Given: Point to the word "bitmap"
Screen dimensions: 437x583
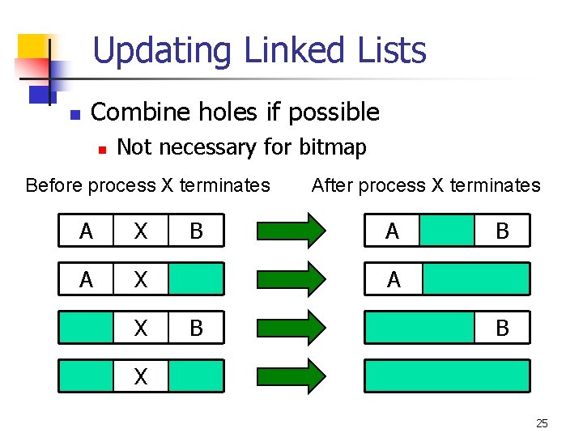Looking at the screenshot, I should point(333,147).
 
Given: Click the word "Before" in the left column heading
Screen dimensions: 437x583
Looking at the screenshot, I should point(54,185).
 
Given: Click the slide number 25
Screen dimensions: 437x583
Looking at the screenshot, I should point(542,423).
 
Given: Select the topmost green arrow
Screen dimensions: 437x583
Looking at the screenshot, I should point(290,231).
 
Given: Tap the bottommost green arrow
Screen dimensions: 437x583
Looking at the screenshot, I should point(290,375).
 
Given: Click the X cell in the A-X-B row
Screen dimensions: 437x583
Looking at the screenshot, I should point(141,231).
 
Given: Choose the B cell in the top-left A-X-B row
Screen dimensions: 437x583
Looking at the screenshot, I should point(196,231).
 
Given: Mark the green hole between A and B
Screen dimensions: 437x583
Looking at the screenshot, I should point(447,231).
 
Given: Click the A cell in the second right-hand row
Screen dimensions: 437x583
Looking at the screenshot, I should point(394,279).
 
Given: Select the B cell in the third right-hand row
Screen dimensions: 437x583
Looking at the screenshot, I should point(502,328).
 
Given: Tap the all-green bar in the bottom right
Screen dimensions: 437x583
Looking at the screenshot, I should point(447,375).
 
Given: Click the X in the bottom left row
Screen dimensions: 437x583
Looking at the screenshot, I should point(141,376).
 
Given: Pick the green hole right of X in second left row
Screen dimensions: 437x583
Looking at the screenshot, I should point(196,279).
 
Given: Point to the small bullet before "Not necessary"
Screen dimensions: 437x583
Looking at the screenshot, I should point(100,149).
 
